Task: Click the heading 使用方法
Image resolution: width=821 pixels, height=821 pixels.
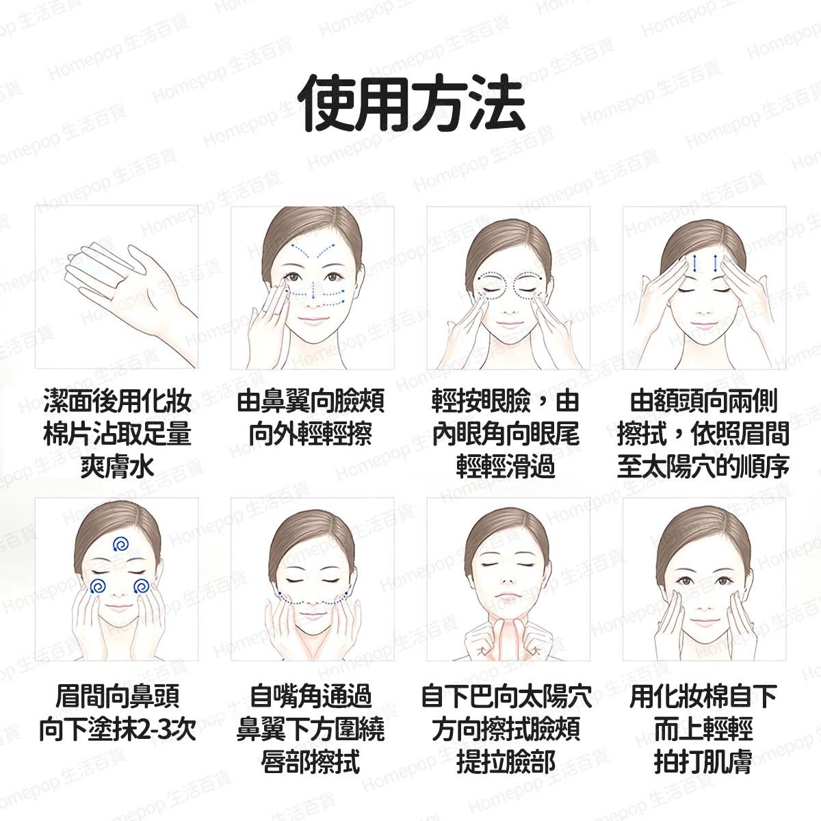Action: point(411,103)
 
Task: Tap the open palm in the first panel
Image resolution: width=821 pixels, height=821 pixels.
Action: point(128,294)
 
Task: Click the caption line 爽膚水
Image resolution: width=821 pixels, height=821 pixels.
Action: point(117,466)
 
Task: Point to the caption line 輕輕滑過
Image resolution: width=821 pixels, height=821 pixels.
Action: point(506,466)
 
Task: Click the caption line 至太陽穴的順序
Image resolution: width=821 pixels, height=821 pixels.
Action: point(703,466)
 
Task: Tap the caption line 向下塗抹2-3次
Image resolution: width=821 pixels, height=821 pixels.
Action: point(118,729)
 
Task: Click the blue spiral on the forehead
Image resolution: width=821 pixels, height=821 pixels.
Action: point(120,544)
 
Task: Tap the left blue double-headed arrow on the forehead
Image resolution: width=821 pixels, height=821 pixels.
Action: point(695,263)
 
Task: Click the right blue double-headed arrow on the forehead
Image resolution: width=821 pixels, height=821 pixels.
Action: point(716,263)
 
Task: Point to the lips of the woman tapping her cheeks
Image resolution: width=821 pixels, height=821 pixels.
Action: point(704,622)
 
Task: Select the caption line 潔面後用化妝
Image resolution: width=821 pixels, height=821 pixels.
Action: point(117,401)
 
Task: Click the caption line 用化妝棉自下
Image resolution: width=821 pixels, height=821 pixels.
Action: point(703,697)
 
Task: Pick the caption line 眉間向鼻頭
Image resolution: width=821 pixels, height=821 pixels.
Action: point(118,697)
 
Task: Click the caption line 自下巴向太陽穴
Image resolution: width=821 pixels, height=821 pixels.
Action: point(506,697)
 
